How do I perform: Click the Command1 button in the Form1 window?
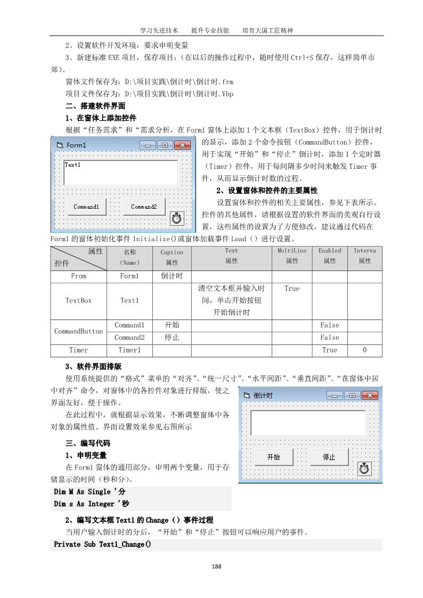(x=86, y=207)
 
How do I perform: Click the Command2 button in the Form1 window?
(x=144, y=207)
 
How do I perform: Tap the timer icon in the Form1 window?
(x=177, y=218)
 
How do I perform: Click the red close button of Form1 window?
(x=182, y=145)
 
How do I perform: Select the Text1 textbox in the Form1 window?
(x=120, y=173)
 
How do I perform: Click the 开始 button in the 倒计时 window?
(x=273, y=457)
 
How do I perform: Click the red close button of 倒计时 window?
(x=368, y=395)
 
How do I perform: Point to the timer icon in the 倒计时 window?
(x=364, y=469)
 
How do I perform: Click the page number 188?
(x=216, y=567)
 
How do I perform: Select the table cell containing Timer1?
(x=129, y=350)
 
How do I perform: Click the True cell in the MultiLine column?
(x=292, y=288)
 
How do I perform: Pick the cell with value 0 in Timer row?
(x=365, y=350)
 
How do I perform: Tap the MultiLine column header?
(x=292, y=256)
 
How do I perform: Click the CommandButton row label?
(x=79, y=331)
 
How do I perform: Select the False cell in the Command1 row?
(x=330, y=325)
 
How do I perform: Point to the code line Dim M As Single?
(x=90, y=491)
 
